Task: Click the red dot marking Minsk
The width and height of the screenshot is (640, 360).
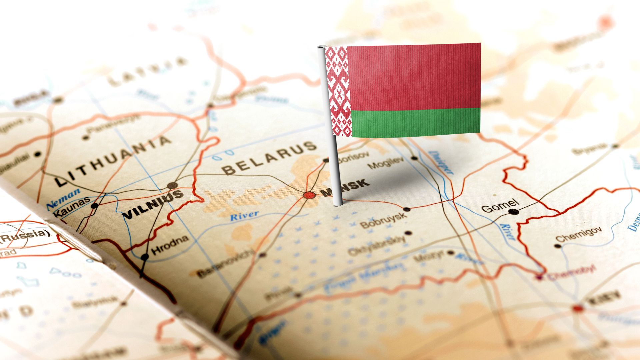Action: (309, 195)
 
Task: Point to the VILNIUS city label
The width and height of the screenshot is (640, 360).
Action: (153, 204)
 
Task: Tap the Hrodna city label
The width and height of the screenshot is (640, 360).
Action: (170, 245)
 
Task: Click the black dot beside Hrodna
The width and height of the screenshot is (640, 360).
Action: (145, 257)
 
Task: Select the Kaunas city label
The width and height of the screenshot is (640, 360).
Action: (72, 207)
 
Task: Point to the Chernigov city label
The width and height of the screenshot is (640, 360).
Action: (579, 234)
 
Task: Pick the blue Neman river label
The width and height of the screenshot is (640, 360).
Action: (63, 198)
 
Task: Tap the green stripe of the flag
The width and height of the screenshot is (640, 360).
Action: (416, 122)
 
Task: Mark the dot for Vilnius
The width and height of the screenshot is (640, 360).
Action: (172, 185)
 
